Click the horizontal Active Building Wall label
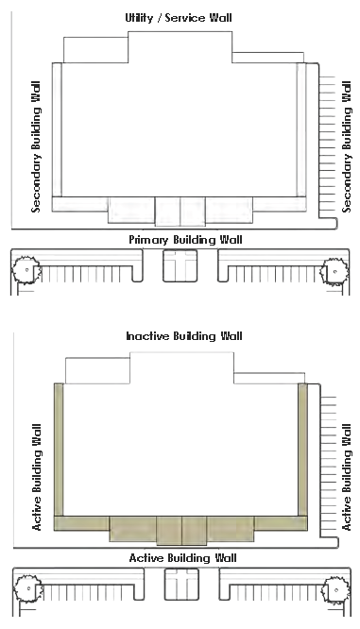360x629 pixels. click(182, 558)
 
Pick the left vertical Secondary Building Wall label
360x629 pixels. click(36, 146)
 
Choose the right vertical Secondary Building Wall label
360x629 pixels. click(346, 146)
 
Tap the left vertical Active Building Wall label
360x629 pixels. click(37, 477)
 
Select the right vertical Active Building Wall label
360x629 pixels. click(346, 477)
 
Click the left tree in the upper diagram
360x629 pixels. click(26, 269)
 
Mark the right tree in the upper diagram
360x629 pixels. click(334, 271)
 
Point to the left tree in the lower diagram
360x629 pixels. click(28, 588)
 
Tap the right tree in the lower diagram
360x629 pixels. click(335, 589)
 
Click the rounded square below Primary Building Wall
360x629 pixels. click(180, 265)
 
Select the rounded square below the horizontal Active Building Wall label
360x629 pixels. click(181, 584)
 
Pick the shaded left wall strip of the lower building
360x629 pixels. click(59, 450)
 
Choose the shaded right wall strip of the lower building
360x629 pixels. click(302, 450)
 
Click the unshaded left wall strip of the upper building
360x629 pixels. click(57, 129)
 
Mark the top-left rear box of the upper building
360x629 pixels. click(96, 50)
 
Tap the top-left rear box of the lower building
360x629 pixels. click(97, 370)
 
